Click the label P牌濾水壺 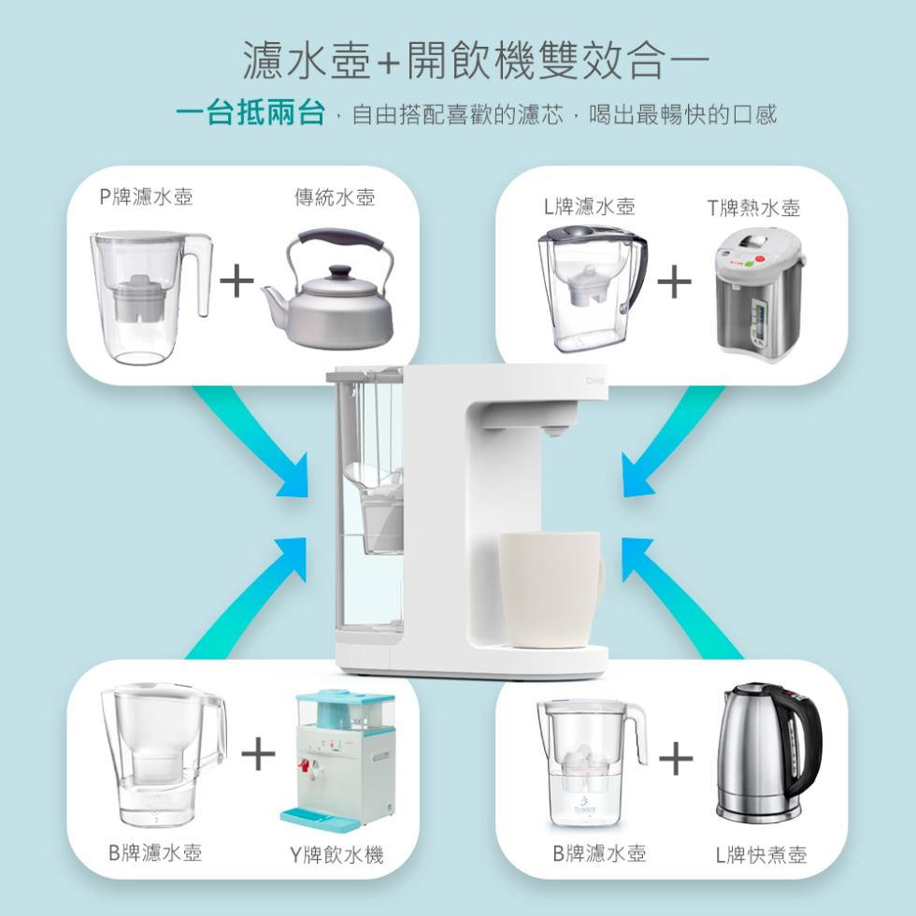coord(146,197)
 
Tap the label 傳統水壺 coord(335,197)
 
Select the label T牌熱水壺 coord(753,208)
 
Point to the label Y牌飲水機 coord(337,854)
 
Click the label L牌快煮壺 coord(761,854)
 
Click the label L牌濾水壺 coord(590,207)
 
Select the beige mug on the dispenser coord(551,589)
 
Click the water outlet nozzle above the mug coord(553,432)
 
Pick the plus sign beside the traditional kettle coord(236,280)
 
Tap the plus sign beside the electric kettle coord(676,758)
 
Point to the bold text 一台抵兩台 coord(250,113)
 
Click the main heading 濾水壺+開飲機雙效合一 coord(476,60)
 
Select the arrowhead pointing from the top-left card coord(295,480)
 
